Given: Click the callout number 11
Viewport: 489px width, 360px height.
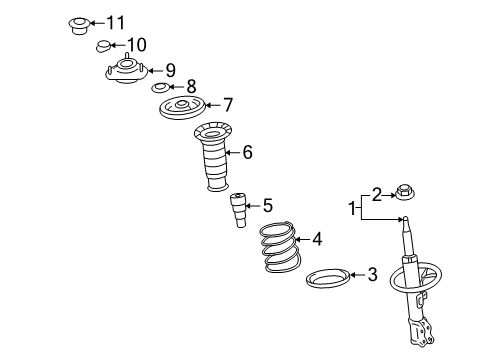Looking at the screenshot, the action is click(115, 23).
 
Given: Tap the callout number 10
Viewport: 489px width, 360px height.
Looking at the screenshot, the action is click(137, 45).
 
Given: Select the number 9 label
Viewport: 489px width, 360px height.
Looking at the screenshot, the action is click(170, 70).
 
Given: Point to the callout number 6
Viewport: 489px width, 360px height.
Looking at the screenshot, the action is click(247, 152).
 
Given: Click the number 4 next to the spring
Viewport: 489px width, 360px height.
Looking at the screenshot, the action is click(317, 239).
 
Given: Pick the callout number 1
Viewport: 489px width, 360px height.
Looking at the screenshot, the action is click(352, 208).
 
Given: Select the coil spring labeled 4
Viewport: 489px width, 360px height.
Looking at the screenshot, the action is click(281, 247).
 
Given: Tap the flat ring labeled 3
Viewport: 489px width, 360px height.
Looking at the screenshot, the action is click(328, 278).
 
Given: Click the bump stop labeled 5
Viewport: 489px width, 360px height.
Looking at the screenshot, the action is click(238, 210).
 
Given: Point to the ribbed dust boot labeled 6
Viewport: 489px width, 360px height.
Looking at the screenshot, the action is click(213, 157).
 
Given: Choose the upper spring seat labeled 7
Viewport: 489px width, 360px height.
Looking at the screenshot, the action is click(182, 108).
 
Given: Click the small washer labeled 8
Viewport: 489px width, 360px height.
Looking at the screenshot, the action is click(161, 88).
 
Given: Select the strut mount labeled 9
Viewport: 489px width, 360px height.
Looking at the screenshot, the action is click(126, 71).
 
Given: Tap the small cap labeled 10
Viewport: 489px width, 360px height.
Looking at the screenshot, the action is click(103, 46).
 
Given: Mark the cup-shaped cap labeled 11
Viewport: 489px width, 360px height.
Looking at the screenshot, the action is click(79, 26).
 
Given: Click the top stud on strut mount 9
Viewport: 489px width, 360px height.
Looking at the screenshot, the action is click(126, 56).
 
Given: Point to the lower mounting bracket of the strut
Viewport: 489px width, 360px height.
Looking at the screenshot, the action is click(421, 331).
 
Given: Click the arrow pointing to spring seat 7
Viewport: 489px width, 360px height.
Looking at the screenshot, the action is click(213, 105).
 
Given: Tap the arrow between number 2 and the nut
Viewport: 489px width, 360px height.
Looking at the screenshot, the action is click(389, 195).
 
